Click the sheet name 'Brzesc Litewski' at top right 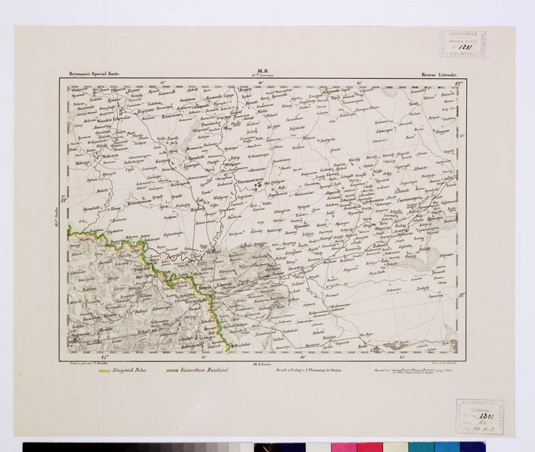click(442, 74)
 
